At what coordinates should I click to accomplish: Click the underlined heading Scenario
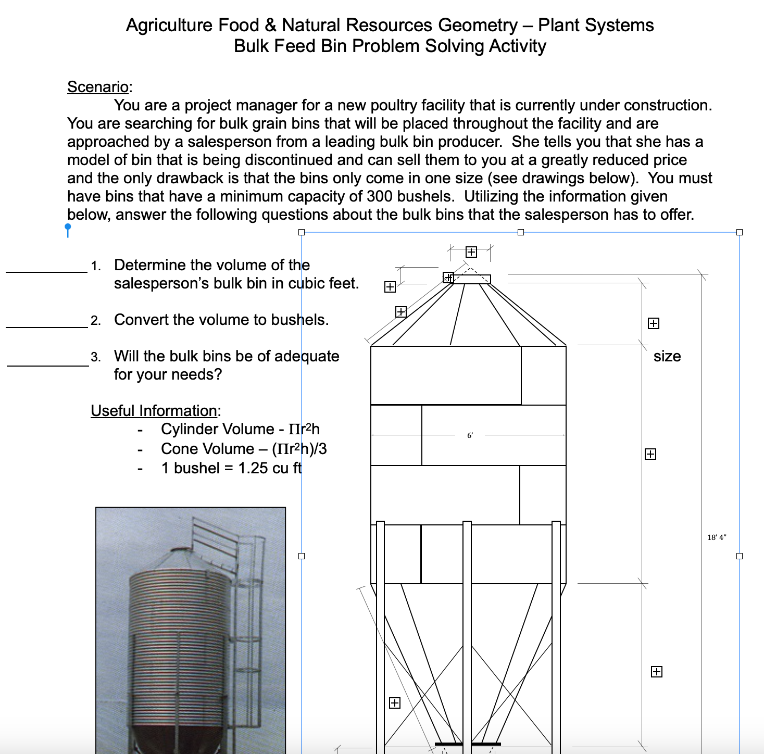98,87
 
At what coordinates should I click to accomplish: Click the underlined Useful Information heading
154,411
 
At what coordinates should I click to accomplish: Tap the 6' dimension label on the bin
470,435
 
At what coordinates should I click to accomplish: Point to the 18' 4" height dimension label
717,537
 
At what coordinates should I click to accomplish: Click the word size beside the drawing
667,356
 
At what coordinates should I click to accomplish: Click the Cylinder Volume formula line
240,429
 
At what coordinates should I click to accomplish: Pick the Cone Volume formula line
243,449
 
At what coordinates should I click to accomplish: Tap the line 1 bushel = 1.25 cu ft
231,468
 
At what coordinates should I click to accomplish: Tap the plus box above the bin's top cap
471,252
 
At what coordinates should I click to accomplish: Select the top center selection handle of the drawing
521,232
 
